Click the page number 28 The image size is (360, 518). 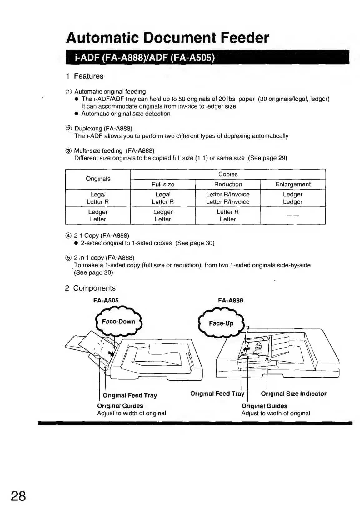click(x=18, y=496)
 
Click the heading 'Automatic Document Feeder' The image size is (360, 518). click(x=167, y=38)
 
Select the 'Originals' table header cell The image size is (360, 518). click(x=98, y=179)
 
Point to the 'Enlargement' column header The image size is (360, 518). click(x=293, y=184)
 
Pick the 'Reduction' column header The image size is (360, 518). click(x=228, y=184)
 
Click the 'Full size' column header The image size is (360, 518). click(x=163, y=184)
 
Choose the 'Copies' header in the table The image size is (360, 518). click(x=228, y=174)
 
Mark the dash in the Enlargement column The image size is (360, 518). click(x=293, y=216)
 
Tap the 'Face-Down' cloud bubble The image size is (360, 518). click(x=118, y=322)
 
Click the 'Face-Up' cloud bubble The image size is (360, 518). click(x=221, y=323)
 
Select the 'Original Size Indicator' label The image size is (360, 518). click(x=293, y=394)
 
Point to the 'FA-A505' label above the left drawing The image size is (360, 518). click(x=106, y=300)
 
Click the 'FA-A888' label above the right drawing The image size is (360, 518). click(x=231, y=300)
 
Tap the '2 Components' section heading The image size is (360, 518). click(x=90, y=288)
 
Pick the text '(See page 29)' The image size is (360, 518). click(x=267, y=158)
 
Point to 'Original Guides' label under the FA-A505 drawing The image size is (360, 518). click(x=120, y=406)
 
